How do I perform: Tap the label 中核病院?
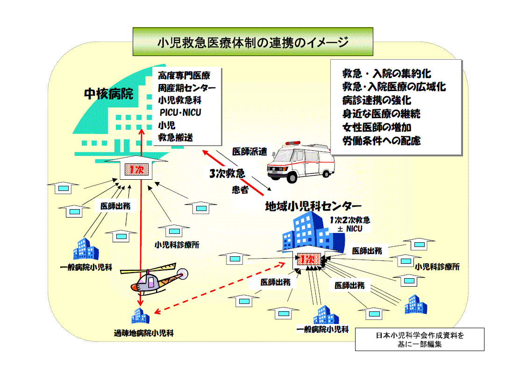pyautogui.click(x=108, y=94)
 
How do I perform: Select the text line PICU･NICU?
pyautogui.click(x=180, y=113)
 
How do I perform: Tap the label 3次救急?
pyautogui.click(x=227, y=173)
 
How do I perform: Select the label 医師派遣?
pyautogui.click(x=249, y=151)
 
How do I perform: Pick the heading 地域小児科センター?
pyautogui.click(x=313, y=205)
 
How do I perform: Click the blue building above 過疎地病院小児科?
pyautogui.click(x=140, y=317)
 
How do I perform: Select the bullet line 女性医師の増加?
pyautogui.click(x=377, y=127)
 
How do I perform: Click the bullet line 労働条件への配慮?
pyautogui.click(x=382, y=141)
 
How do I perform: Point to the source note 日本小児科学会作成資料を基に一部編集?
pyautogui.click(x=420, y=340)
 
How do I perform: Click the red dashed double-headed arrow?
pyautogui.click(x=220, y=288)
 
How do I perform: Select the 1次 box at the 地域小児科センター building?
pyautogui.click(x=308, y=260)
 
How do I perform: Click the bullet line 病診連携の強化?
pyautogui.click(x=377, y=100)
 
